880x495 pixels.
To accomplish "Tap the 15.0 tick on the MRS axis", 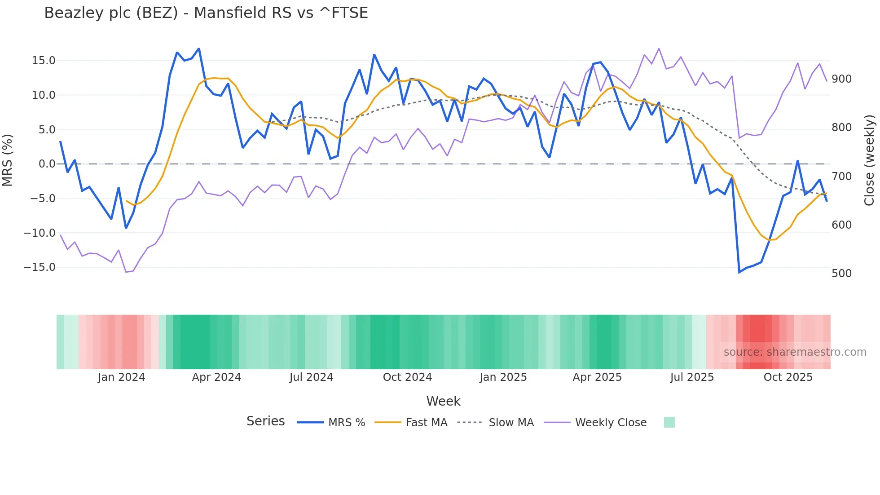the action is pos(44,61).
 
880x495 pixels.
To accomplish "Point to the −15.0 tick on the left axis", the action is pos(40,267).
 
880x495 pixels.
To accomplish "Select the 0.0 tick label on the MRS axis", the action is pos(47,164).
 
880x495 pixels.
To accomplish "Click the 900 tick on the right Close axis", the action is pos(841,79).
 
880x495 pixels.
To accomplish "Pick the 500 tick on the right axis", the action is pos(841,274).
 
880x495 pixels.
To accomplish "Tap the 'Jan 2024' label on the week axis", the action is pos(121,377).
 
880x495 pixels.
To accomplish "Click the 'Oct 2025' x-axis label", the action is pos(788,377).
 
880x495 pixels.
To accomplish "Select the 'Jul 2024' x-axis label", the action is pos(311,377).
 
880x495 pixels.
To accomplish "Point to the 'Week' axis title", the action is pos(443,401).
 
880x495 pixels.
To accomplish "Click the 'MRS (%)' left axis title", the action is pos(8,160).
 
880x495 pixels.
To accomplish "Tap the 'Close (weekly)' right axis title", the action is pos(870,160).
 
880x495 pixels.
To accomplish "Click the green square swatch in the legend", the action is pos(669,422).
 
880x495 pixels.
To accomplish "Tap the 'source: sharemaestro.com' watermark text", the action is pos(795,352).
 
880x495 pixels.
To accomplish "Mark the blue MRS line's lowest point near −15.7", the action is pos(739,272).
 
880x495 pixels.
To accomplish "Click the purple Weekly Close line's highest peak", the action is pos(659,49).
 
